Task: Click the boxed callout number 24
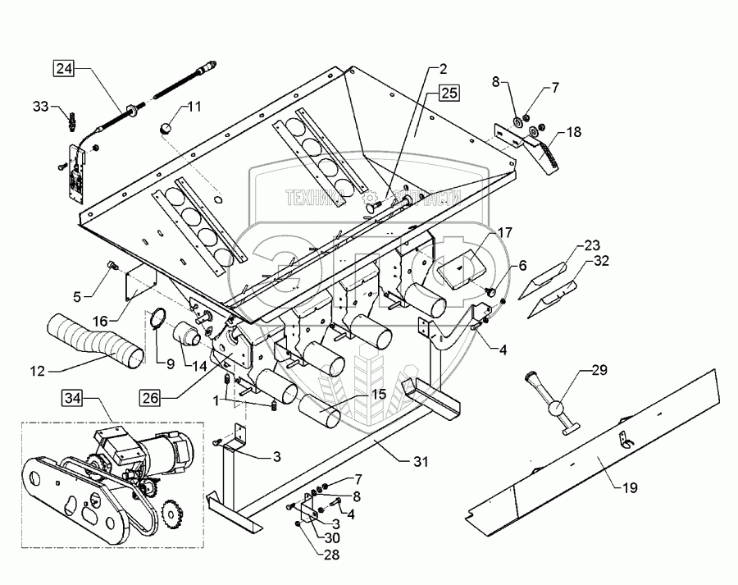[x=64, y=70]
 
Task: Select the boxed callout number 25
[x=449, y=92]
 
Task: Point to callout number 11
[x=194, y=106]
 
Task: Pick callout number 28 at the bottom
[x=307, y=554]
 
